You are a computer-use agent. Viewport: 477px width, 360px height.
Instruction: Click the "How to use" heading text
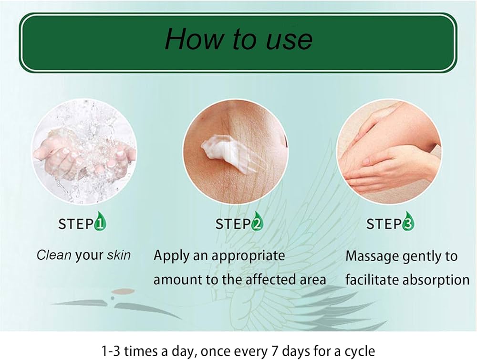[238, 40]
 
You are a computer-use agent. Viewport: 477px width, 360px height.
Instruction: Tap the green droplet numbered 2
[257, 223]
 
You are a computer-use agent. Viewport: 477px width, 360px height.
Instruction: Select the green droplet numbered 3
[408, 223]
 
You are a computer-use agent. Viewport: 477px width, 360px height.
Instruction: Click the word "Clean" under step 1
[54, 255]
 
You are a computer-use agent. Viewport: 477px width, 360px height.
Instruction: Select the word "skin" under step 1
[119, 255]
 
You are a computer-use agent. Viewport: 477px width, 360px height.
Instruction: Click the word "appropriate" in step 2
[249, 256]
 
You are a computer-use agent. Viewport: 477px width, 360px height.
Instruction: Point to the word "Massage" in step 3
[372, 256]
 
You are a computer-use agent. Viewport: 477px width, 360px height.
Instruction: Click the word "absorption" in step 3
[436, 280]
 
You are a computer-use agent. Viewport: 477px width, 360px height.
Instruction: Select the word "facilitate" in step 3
[372, 280]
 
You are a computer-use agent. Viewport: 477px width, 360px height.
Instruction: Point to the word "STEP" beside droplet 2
[232, 224]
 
